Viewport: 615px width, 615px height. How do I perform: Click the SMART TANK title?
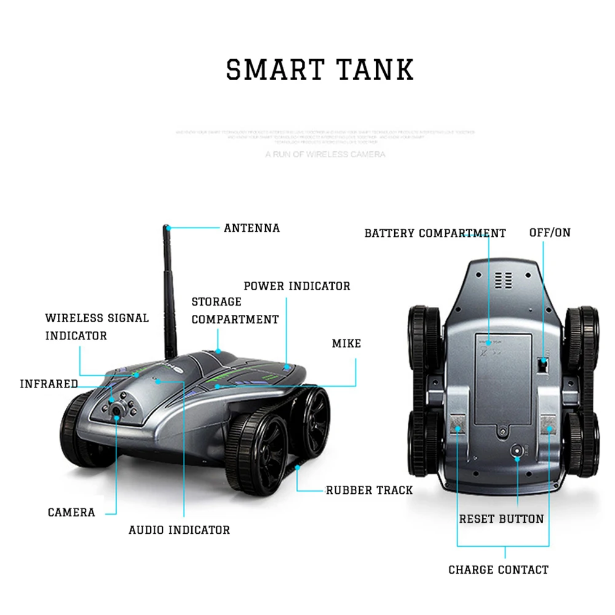click(x=320, y=69)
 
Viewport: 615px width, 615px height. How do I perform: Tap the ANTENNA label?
click(x=252, y=228)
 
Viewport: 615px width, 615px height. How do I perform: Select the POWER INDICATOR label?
click(x=297, y=286)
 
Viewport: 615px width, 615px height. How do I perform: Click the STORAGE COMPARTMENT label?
click(x=235, y=311)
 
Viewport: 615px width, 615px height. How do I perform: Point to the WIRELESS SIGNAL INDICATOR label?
click(x=97, y=327)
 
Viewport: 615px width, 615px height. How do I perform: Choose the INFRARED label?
click(x=49, y=384)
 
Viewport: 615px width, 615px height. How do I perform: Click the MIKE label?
click(x=346, y=343)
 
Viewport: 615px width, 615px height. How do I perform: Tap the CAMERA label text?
click(x=71, y=512)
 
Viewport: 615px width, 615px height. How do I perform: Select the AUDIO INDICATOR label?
click(x=179, y=530)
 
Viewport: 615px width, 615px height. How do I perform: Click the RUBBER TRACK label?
click(x=369, y=490)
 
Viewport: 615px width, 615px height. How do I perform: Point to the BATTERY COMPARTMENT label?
click(x=435, y=233)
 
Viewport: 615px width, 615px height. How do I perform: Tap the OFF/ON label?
click(x=550, y=232)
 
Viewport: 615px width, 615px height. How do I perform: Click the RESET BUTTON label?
click(x=501, y=519)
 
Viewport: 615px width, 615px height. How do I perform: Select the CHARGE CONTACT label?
click(x=498, y=570)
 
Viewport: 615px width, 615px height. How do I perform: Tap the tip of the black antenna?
click(x=166, y=228)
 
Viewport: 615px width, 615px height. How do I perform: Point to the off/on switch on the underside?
click(x=542, y=365)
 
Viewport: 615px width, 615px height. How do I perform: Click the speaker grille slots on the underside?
click(x=504, y=280)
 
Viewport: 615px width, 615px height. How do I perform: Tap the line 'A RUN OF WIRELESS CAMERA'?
click(x=325, y=154)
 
